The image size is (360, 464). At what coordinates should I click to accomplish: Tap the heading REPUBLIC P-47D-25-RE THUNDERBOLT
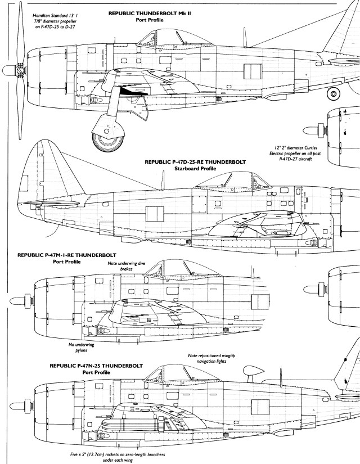click(195, 161)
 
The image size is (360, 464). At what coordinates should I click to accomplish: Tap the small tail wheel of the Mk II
click(335, 93)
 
